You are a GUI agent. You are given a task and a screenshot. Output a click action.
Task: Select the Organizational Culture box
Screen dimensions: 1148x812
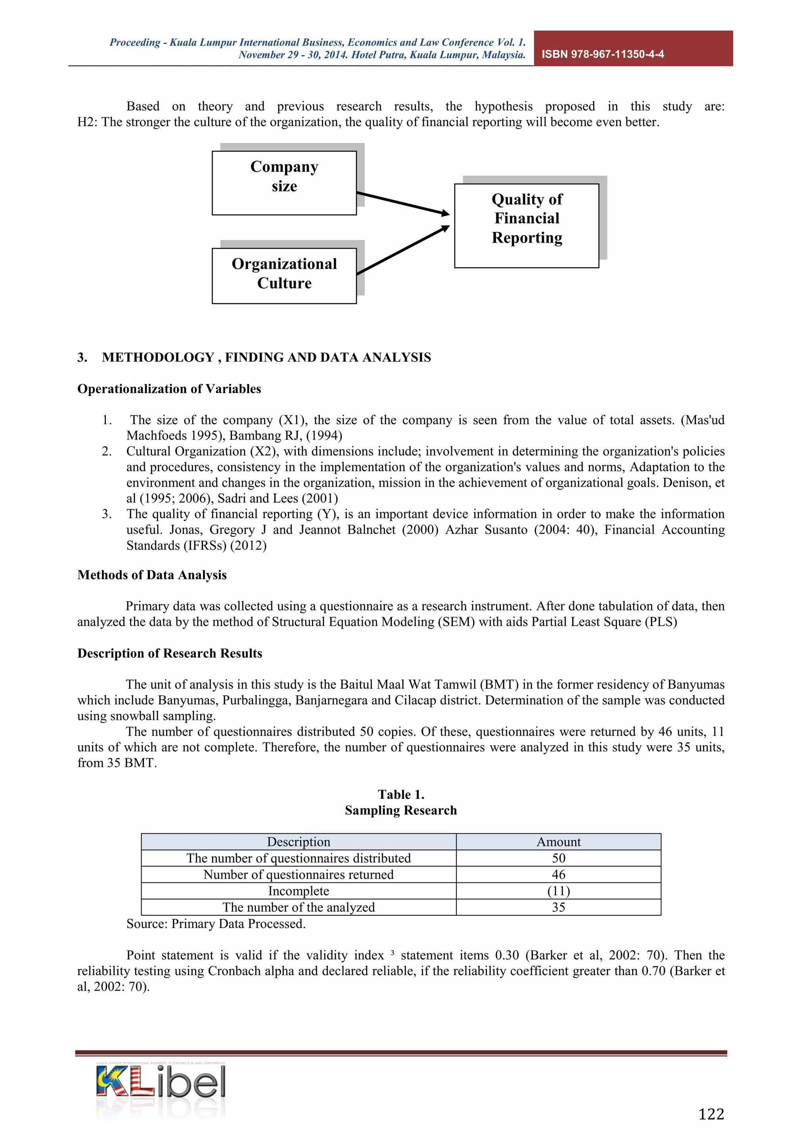284,276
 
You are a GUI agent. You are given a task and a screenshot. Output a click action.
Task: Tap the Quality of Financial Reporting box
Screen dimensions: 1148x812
527,226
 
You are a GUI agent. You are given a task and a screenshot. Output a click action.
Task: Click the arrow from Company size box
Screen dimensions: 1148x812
403,203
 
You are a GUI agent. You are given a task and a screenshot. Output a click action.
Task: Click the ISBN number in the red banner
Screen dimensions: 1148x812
603,54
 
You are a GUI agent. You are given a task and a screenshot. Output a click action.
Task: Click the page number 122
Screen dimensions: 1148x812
710,1114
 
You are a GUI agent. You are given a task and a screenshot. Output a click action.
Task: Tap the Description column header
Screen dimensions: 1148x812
299,842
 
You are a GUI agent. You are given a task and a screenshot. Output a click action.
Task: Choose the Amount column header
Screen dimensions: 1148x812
559,842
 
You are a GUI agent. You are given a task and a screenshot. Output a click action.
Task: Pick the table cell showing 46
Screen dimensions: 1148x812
559,874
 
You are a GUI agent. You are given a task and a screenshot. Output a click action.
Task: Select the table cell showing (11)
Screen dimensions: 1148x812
559,891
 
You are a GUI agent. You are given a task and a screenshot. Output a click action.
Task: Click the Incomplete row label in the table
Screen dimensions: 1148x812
299,891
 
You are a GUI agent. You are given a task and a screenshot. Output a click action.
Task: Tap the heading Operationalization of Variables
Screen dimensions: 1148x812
169,389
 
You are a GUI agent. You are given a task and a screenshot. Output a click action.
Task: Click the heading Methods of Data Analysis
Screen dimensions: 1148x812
152,575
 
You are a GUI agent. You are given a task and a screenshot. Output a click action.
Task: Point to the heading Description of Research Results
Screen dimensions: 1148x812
170,654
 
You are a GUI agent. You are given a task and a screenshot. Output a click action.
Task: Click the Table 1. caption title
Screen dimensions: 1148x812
401,794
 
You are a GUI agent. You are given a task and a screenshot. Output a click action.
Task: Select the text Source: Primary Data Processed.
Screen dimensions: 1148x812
216,924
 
